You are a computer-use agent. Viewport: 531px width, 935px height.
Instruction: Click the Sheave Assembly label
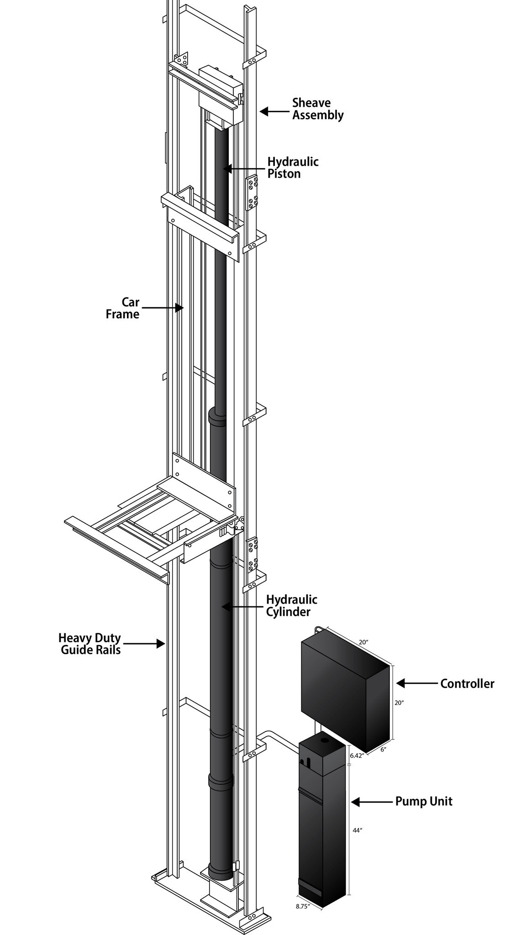tap(318, 109)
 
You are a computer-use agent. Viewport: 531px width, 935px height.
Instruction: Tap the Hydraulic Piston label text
tap(293, 168)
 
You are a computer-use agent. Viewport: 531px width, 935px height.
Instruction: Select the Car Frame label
tap(123, 308)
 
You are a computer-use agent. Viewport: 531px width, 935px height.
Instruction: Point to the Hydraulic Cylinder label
tap(291, 605)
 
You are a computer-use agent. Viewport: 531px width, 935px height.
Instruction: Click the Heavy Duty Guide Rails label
tap(90, 644)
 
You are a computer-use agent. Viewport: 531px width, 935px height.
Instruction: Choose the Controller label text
tap(467, 683)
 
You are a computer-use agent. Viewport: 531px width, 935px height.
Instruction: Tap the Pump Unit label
tap(424, 801)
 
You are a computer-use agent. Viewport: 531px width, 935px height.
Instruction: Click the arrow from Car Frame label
tap(162, 308)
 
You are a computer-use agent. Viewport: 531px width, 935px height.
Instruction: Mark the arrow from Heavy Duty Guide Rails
tap(144, 644)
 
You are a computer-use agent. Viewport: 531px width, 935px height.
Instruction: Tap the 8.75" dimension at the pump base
tap(303, 907)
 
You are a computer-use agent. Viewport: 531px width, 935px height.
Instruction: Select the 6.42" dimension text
tap(356, 756)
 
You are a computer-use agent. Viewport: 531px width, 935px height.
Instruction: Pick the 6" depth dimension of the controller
tap(383, 749)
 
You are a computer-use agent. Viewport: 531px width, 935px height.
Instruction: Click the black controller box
tap(346, 685)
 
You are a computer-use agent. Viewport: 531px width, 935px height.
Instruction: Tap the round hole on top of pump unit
tap(324, 740)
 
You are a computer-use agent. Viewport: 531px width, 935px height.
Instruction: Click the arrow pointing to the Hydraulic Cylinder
tap(242, 606)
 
